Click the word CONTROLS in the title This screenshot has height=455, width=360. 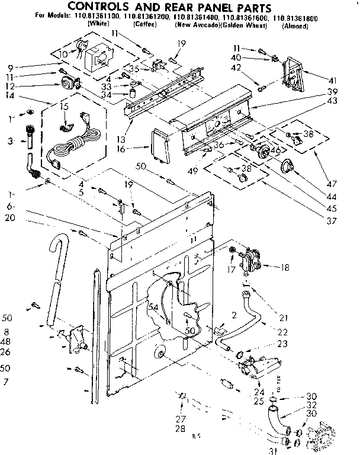pos(106,8)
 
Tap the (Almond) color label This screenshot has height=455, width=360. pos(294,27)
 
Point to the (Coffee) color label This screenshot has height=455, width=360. pos(144,27)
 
